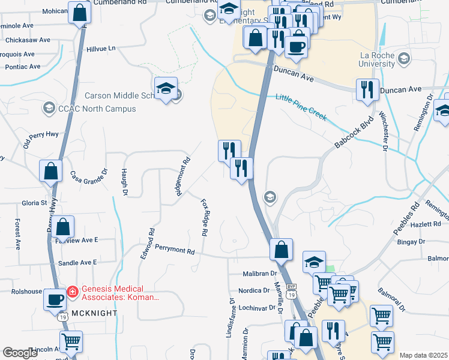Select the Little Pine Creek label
pos(301,107)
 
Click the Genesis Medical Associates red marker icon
pos(71,291)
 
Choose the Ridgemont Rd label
pos(182,177)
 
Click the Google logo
pos(20,353)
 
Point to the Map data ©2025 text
pos(423,355)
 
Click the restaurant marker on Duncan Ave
pos(367,89)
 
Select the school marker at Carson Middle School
pos(166,89)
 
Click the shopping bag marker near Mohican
pos(79,13)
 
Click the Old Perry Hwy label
pos(41,140)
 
